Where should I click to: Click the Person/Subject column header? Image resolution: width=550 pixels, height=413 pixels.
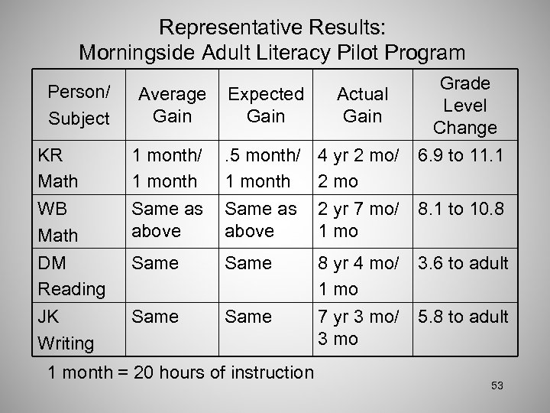(79, 106)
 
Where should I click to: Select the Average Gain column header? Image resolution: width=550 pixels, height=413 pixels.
(171, 105)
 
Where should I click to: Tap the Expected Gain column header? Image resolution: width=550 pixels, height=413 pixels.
(266, 105)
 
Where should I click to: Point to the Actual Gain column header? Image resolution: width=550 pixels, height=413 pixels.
(362, 105)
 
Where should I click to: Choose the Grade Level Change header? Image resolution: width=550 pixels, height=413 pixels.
(464, 105)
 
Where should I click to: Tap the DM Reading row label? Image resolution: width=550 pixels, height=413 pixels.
(71, 276)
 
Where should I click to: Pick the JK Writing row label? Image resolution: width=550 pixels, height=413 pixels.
(66, 330)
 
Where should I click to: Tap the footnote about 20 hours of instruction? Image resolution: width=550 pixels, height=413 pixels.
(180, 373)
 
